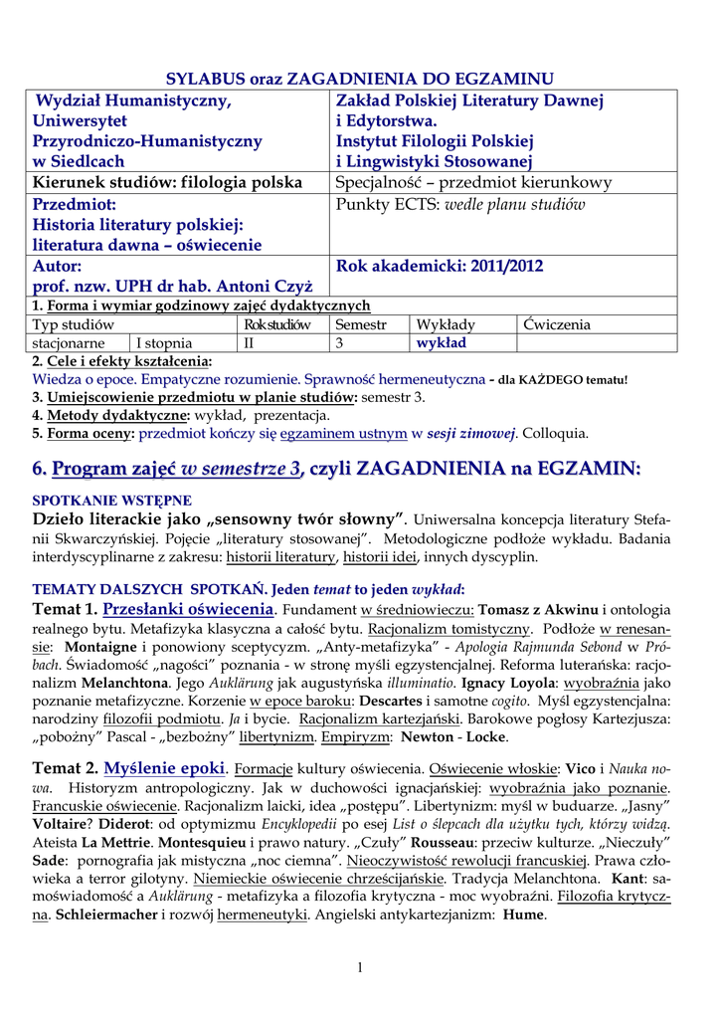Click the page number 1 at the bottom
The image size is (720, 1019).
coord(360,968)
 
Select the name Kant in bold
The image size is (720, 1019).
coord(626,880)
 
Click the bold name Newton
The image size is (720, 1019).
coord(427,736)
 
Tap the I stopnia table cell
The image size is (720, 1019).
coord(164,343)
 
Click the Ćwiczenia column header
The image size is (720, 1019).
coord(556,324)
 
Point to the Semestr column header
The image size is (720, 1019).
coord(361,324)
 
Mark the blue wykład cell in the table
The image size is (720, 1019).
coord(441,343)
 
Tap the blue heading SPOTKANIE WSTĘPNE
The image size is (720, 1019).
coord(112,501)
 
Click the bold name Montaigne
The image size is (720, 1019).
coord(100,646)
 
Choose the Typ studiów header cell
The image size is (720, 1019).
coord(74,324)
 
